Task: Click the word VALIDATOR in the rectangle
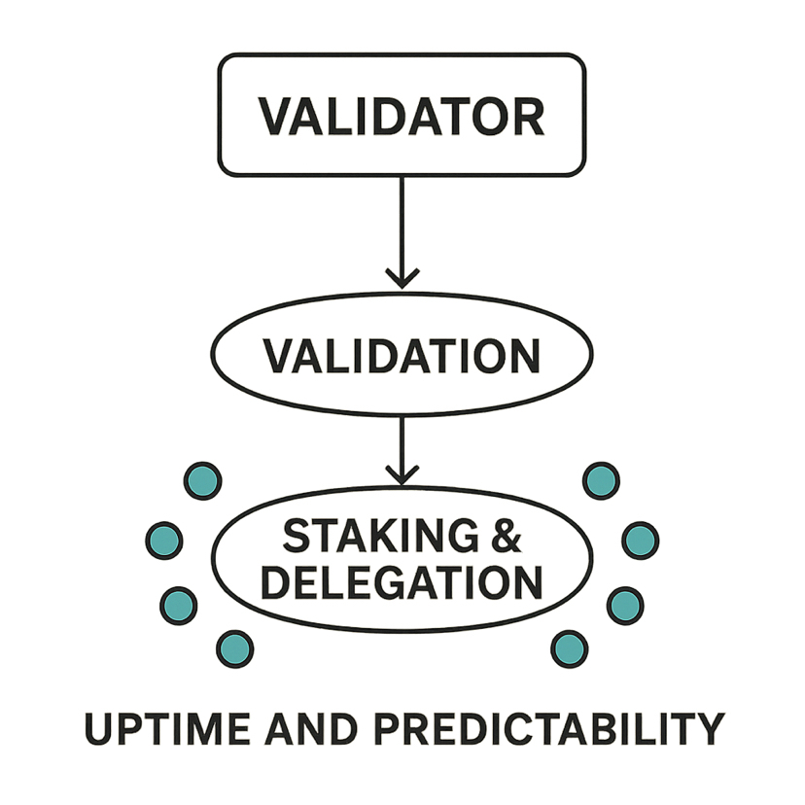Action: pos(401,116)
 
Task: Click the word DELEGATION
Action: pos(402,581)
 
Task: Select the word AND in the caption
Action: pos(314,728)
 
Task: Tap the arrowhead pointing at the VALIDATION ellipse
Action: pos(402,277)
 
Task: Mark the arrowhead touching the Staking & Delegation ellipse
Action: pos(402,473)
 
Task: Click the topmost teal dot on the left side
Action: pos(203,479)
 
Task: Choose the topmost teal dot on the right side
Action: pos(600,479)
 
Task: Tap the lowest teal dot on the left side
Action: pos(234,647)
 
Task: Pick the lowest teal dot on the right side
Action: pos(569,647)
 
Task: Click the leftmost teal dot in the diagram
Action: pos(164,540)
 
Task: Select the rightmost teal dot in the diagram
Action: pos(640,540)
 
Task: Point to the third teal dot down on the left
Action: pos(178,606)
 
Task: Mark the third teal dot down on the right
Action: pos(625,606)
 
